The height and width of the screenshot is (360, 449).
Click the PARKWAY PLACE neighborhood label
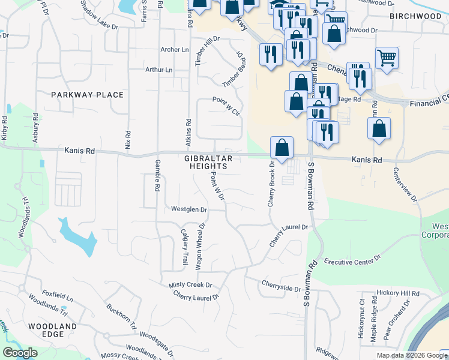point(87,95)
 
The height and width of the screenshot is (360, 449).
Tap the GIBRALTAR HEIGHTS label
point(208,162)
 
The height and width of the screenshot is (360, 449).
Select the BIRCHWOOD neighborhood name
point(415,16)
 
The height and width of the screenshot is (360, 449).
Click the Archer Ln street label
point(174,50)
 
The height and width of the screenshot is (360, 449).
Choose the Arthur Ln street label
point(158,70)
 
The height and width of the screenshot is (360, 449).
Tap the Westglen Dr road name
point(189,209)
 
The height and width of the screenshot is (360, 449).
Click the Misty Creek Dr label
point(190,285)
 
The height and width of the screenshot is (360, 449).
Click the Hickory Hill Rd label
point(397,293)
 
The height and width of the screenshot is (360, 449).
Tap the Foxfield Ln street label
point(57,296)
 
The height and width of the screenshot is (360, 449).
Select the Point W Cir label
point(226,106)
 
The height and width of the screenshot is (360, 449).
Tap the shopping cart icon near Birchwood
point(387,58)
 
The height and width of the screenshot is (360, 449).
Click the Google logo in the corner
point(20,353)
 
